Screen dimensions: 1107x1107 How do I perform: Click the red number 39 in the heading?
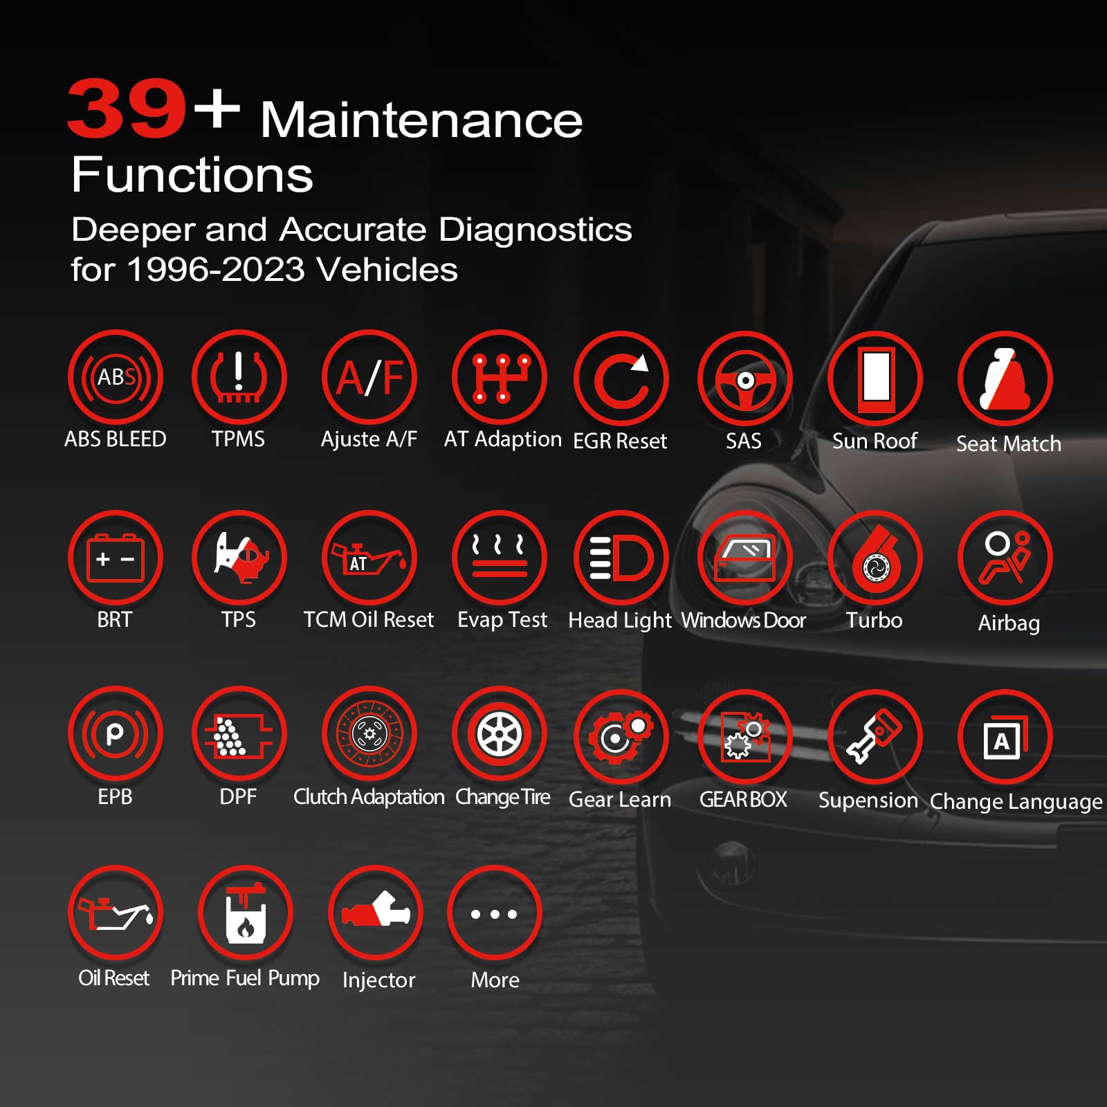(127, 109)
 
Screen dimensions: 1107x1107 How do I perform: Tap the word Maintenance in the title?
(421, 120)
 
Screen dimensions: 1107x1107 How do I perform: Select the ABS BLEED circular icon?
(116, 377)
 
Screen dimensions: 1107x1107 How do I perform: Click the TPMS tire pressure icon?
(239, 377)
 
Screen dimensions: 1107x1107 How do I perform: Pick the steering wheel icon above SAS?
(745, 379)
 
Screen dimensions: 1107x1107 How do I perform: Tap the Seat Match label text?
(1008, 443)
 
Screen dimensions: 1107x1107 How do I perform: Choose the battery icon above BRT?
(116, 558)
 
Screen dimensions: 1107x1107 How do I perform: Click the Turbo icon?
(875, 558)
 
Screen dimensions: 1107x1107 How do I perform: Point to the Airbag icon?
(1005, 558)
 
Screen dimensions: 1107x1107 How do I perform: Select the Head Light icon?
(621, 558)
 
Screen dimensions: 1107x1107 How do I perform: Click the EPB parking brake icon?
(116, 733)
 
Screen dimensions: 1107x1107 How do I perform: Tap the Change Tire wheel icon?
(500, 733)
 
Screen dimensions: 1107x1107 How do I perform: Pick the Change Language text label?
(1016, 801)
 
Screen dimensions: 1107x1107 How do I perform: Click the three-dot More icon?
(494, 913)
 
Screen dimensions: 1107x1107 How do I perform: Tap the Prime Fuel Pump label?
(245, 978)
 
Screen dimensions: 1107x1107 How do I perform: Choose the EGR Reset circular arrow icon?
(621, 379)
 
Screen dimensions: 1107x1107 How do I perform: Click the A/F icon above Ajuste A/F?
(369, 377)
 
